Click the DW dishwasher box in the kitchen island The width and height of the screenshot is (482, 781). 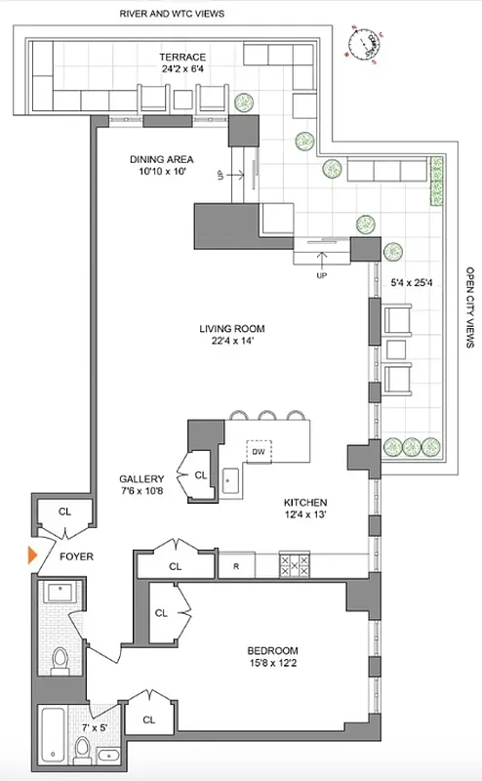(259, 452)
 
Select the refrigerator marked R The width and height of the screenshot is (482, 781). (236, 565)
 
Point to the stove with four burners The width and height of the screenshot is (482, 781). (294, 564)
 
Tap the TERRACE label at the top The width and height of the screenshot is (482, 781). (183, 57)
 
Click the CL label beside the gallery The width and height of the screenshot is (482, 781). (201, 475)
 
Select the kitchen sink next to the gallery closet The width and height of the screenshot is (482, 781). (230, 479)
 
